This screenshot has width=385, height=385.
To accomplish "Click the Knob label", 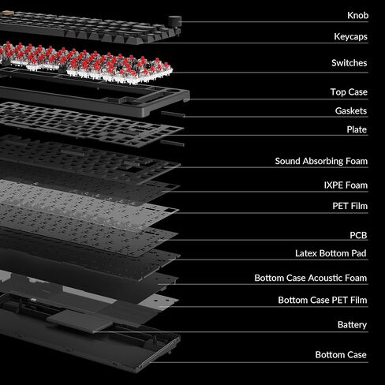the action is (x=357, y=15).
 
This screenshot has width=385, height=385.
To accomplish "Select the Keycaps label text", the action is (x=350, y=36).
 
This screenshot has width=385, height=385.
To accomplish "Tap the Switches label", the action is (x=349, y=63).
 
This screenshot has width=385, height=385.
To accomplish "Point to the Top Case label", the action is (x=349, y=92).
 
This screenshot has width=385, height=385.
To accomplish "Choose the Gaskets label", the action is (x=351, y=110).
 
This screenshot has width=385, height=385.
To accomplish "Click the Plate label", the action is (x=357, y=129).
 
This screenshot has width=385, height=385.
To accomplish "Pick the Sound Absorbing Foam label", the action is (x=321, y=161).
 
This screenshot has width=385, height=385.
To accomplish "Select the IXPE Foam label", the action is (x=346, y=185).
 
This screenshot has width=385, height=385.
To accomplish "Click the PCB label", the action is (x=358, y=235).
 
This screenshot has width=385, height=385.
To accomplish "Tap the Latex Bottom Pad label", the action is (x=331, y=253).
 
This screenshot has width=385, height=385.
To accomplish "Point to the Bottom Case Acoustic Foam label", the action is (x=311, y=278).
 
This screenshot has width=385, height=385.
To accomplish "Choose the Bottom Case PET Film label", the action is (x=323, y=300).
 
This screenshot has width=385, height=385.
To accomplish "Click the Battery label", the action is (x=352, y=325).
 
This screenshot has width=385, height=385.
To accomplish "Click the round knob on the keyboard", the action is (x=174, y=21).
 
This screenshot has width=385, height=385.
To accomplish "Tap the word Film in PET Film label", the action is (x=360, y=206).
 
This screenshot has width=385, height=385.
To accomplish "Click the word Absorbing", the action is (x=322, y=161).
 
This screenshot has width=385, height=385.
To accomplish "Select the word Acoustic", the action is (x=327, y=278).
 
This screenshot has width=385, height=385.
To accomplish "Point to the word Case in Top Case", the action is (x=357, y=92).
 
